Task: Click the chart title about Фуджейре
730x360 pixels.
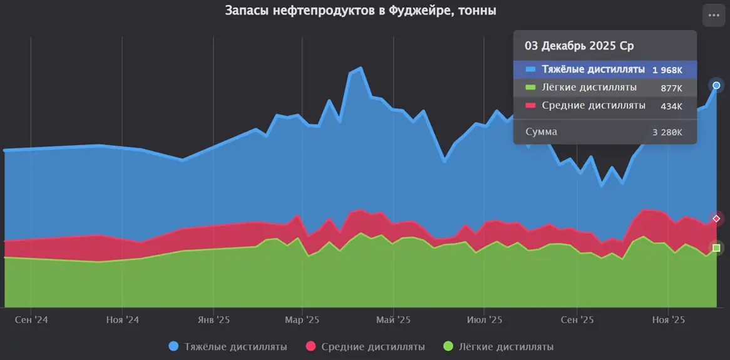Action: [360, 11]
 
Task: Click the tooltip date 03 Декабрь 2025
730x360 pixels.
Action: [579, 46]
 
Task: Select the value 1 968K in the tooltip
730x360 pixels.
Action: [667, 69]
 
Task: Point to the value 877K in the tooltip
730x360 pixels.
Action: [671, 88]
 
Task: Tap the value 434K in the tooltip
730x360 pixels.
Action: [671, 106]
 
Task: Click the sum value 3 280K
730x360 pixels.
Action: [667, 133]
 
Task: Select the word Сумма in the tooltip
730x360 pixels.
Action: [541, 132]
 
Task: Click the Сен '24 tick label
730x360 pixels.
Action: [31, 320]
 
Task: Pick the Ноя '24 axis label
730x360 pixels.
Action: [122, 320]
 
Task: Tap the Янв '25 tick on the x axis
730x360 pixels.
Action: [213, 320]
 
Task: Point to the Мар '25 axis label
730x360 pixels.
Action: [302, 320]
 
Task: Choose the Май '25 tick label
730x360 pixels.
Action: [394, 320]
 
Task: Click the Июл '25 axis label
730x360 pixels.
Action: [485, 320]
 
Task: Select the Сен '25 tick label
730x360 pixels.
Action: [577, 320]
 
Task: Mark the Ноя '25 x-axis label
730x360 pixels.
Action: [669, 320]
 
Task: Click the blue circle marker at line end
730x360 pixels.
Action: [716, 85]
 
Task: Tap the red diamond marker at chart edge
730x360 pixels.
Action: [716, 219]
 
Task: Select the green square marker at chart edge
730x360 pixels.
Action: [716, 248]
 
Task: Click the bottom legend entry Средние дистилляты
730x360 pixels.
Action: [366, 346]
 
